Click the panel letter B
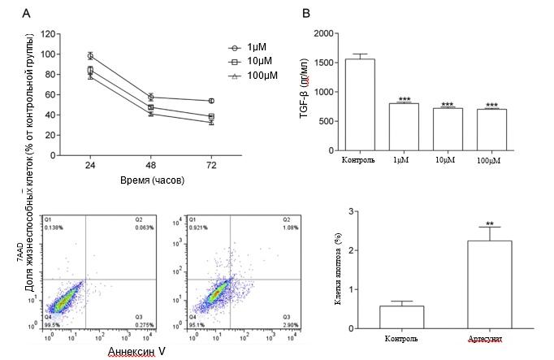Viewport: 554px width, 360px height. [306, 13]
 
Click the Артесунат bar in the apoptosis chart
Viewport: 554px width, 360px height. [477, 284]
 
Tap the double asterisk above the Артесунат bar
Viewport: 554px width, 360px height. [477, 222]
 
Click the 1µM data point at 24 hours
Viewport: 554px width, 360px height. [91, 56]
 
